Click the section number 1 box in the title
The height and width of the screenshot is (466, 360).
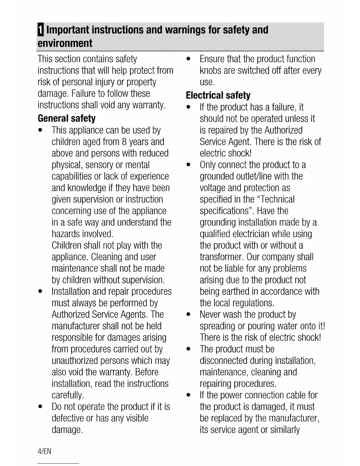coord(41,30)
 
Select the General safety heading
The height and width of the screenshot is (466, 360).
coord(67,119)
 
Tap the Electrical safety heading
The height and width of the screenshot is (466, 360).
coord(218,96)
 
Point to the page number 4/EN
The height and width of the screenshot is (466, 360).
coord(44,451)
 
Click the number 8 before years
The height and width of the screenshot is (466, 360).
coord(124,142)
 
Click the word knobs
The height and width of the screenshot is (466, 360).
coord(210,71)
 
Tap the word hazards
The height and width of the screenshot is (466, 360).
coord(66,234)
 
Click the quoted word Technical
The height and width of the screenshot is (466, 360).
coord(277,199)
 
